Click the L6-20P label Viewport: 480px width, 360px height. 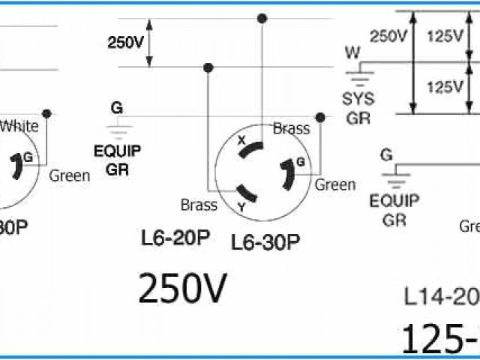(x=175, y=238)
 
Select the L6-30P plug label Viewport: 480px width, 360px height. (x=265, y=241)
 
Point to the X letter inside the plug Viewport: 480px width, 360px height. (x=241, y=140)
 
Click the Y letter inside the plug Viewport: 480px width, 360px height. (x=241, y=206)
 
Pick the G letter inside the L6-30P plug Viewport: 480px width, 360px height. (x=300, y=161)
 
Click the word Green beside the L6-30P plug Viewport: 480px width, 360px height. (x=335, y=184)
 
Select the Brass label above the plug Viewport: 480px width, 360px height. (x=291, y=128)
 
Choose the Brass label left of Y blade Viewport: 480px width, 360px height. (x=199, y=204)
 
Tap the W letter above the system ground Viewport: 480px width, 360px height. (x=351, y=52)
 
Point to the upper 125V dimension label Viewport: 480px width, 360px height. (x=445, y=34)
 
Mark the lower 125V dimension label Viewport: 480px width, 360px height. (x=445, y=87)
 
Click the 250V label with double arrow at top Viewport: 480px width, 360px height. (x=125, y=43)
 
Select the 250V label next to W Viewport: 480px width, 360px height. (x=388, y=35)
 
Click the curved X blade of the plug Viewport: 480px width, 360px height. (x=254, y=150)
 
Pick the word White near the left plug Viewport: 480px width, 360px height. (x=18, y=126)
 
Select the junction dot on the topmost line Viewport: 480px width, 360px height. (x=262, y=18)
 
